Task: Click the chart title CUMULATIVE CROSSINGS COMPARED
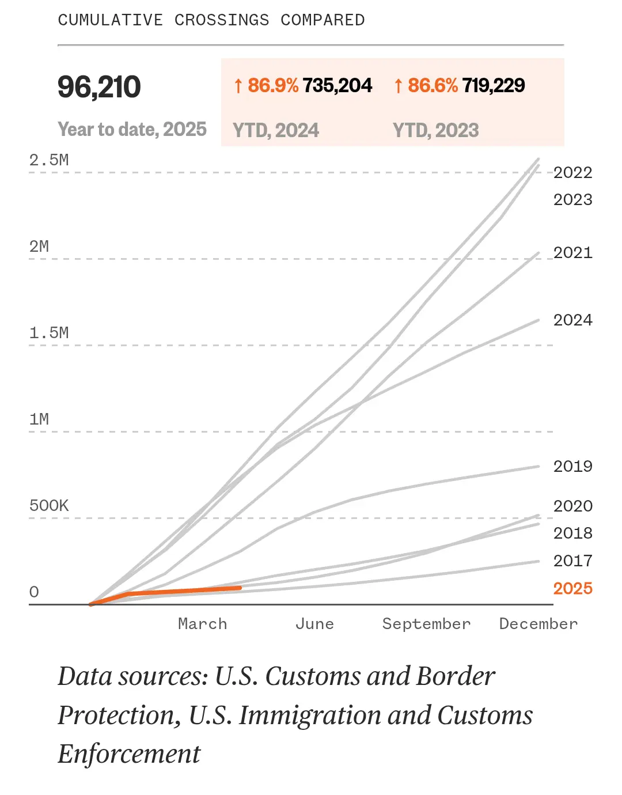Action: (211, 20)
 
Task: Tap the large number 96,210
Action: (99, 87)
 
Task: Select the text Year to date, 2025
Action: (132, 129)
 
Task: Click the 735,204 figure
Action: (337, 85)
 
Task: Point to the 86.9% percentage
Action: (272, 85)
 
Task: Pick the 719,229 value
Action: (494, 85)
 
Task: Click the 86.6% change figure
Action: (433, 85)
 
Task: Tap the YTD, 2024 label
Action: (276, 130)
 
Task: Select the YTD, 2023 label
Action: (436, 130)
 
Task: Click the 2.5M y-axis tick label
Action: (49, 160)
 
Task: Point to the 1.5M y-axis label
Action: (49, 333)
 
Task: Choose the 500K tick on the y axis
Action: (49, 506)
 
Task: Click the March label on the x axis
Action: (203, 624)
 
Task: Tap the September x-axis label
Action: (427, 624)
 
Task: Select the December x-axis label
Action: (538, 624)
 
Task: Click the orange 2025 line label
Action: (573, 588)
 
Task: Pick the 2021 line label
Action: (573, 252)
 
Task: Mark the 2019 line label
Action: (573, 466)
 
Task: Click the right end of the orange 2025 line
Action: (240, 588)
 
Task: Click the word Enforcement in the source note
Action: (129, 754)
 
